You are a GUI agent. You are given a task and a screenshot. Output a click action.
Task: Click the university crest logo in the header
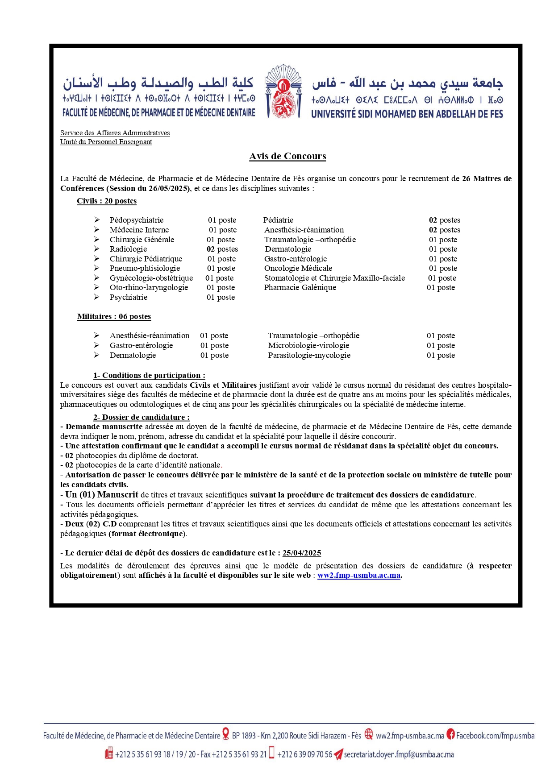pos(283,92)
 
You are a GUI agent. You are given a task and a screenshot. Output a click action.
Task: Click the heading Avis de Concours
pos(287,156)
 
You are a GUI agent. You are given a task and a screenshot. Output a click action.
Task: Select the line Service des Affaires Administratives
pos(115,133)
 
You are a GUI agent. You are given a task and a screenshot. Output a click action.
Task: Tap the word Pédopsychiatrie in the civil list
pos(137,220)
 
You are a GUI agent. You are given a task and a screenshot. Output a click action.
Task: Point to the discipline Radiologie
pos(128,249)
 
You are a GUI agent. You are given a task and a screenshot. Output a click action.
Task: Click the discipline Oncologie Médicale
pos(298,268)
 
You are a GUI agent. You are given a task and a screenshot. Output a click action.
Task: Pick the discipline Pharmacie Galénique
pos(300,287)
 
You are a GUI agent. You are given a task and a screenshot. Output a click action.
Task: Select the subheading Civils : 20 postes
pos(107,201)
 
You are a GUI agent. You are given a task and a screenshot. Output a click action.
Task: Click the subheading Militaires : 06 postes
pos(114,316)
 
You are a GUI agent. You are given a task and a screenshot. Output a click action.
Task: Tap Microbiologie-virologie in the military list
pos(308,345)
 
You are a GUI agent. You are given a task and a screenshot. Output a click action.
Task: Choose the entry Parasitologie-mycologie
pos(309,355)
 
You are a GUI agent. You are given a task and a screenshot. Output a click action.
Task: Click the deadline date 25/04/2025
pos(302,553)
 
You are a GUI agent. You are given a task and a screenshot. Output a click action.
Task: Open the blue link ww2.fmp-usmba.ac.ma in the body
pos(358,575)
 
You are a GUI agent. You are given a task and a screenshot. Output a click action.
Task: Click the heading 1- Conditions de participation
pos(149,375)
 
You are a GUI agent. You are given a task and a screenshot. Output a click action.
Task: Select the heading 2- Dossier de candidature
pos(141,417)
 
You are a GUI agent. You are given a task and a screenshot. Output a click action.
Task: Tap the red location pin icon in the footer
pos(226,734)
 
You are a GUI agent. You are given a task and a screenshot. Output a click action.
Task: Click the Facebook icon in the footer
pos(451,734)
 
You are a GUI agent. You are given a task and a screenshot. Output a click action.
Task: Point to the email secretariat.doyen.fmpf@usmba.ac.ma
pos(399,754)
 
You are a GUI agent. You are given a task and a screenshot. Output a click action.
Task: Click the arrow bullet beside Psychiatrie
pos(96,297)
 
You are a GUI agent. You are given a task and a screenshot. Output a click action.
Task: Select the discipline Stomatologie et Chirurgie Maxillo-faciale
pos(334,278)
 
